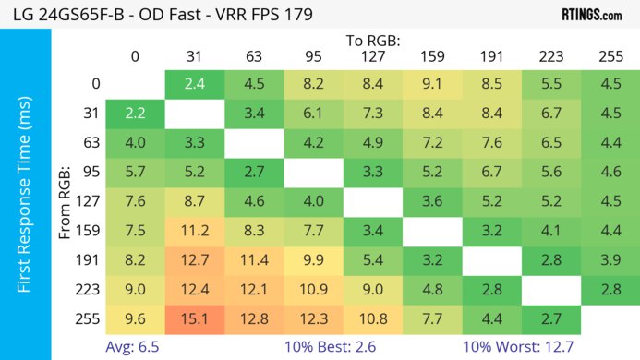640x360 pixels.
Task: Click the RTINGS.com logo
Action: coord(591,14)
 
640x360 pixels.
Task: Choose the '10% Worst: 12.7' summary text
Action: coord(530,347)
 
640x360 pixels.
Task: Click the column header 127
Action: coord(372,57)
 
